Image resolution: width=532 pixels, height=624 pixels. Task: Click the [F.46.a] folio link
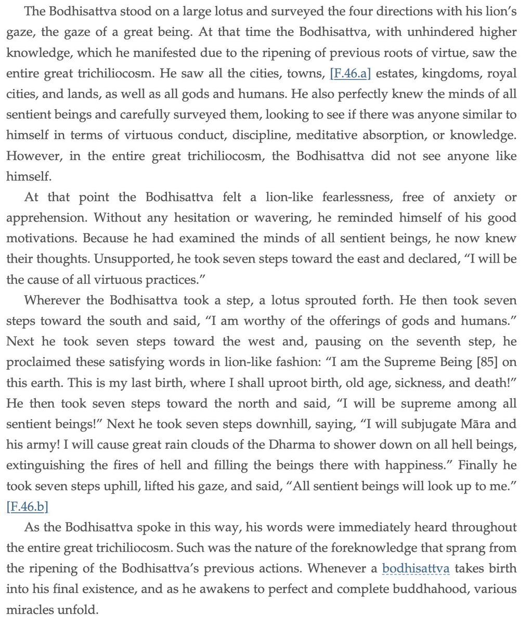tap(351, 73)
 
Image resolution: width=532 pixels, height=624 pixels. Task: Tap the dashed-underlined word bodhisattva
tap(416, 568)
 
